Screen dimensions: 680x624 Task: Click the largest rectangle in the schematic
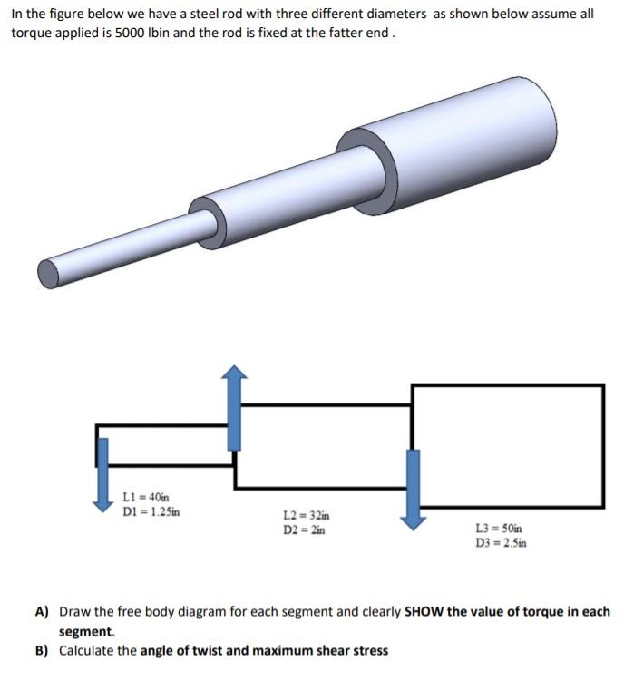(508, 445)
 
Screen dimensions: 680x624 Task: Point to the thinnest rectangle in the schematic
(163, 444)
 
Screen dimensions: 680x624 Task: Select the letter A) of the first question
(42, 612)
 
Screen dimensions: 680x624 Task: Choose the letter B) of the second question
(42, 650)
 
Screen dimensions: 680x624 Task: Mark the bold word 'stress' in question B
(369, 650)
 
